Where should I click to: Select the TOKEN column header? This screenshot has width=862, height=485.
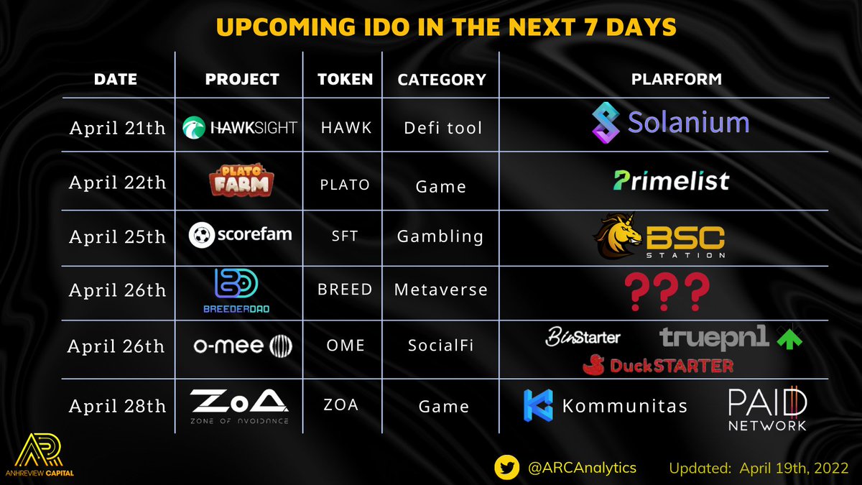(x=346, y=79)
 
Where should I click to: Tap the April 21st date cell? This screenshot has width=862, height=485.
(x=117, y=128)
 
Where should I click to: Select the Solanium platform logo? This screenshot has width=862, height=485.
(x=670, y=122)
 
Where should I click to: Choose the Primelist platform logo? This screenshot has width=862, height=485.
(x=670, y=180)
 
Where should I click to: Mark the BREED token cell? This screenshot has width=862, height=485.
(x=346, y=290)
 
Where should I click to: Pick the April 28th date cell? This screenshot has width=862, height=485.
(x=117, y=406)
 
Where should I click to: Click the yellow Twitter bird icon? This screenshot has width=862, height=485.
(x=507, y=467)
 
